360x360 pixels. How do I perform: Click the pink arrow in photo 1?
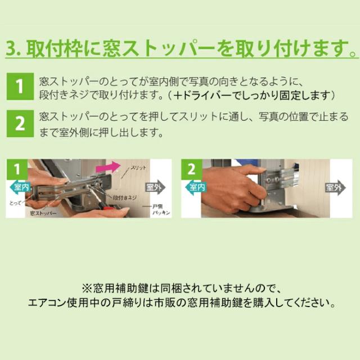(x=107, y=167)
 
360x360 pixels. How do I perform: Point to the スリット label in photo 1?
(x=139, y=168)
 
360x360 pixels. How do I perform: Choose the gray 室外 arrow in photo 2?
(x=335, y=187)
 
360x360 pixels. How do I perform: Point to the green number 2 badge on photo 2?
(x=192, y=168)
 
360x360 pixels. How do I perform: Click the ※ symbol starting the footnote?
(x=86, y=288)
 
